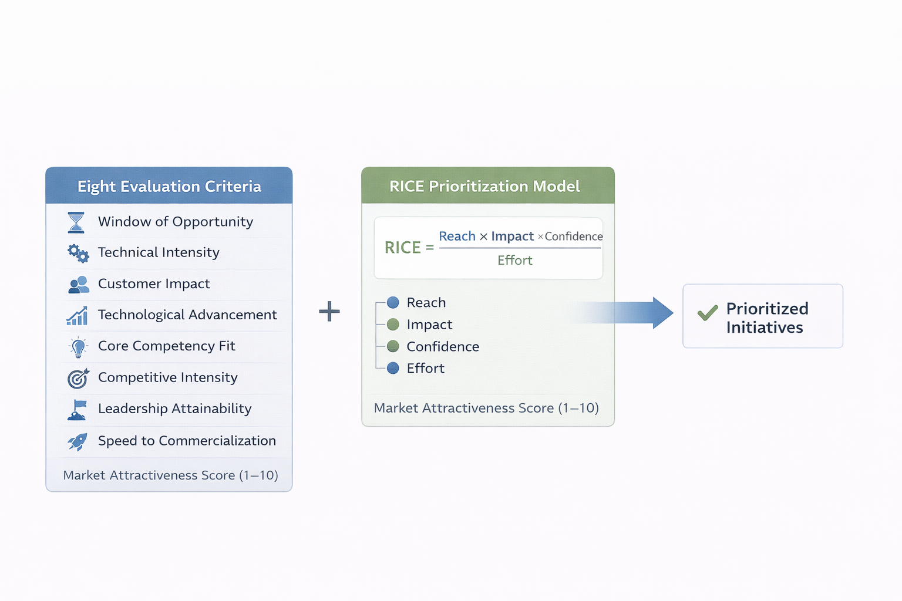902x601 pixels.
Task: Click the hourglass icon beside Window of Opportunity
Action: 76,222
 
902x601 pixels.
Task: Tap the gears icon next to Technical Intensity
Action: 78,253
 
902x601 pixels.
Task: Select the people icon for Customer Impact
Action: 78,285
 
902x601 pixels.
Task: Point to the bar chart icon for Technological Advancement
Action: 78,316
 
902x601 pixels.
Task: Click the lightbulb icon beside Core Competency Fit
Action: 78,347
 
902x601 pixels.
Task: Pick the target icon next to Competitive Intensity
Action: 78,379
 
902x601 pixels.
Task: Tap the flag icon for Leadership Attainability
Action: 78,410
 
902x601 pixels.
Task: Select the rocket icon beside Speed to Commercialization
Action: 78,441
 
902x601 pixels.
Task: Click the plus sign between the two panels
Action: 329,311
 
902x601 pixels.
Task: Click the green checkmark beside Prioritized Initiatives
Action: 708,312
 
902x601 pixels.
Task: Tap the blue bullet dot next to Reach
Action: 393,302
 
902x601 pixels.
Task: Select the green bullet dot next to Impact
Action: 393,325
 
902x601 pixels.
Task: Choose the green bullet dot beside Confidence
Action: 393,346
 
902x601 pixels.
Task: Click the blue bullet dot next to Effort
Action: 393,368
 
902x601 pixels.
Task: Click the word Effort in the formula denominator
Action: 515,261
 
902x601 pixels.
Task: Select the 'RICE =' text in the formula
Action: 409,248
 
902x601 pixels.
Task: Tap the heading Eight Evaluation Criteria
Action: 169,186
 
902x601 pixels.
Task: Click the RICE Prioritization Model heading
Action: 484,186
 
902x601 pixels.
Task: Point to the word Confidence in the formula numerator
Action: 574,237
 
